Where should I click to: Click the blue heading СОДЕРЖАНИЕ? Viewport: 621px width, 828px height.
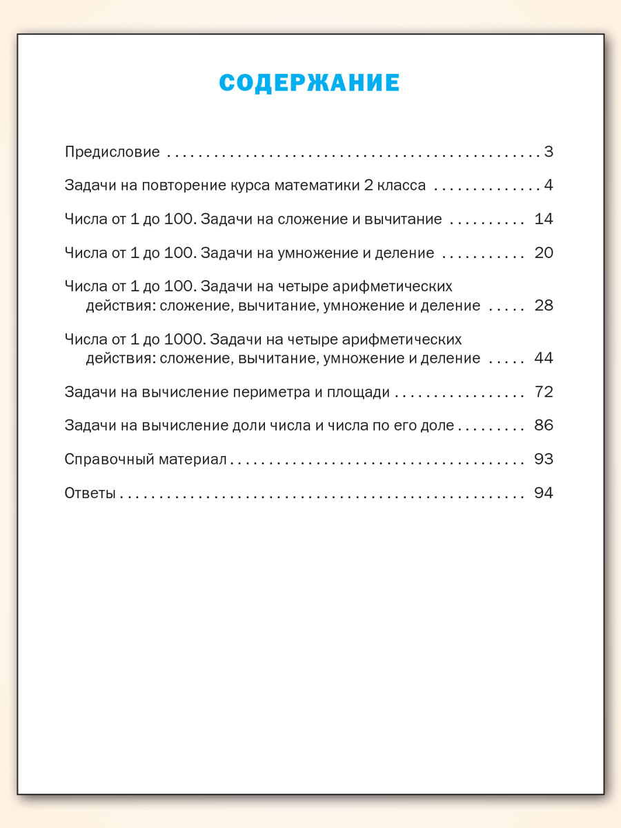(x=310, y=83)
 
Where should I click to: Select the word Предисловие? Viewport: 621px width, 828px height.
(x=112, y=152)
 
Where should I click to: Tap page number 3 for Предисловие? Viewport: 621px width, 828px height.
(x=549, y=152)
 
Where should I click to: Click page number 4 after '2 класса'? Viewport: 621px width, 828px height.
(x=549, y=186)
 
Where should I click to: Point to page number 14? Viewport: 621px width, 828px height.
(x=544, y=219)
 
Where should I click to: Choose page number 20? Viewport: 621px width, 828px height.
(x=544, y=253)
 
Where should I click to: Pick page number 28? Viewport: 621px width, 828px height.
(x=544, y=305)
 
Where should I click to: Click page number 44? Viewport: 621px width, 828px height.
(x=544, y=358)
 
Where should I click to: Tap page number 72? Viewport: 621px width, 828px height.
(x=544, y=392)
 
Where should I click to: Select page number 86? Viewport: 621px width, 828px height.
(x=544, y=425)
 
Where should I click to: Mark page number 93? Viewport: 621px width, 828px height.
(x=544, y=459)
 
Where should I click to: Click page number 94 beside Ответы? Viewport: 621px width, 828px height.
(x=544, y=493)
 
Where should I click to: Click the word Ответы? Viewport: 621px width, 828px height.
(x=90, y=493)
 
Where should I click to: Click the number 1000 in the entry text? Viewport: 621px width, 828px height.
(x=186, y=339)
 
